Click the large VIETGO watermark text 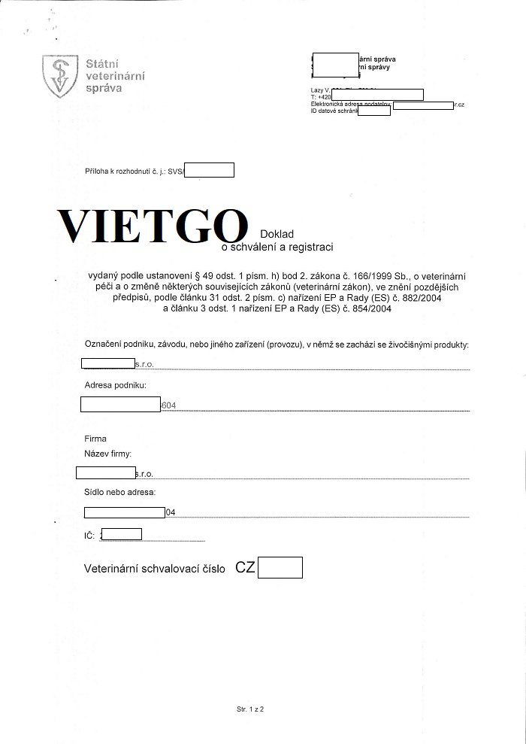pos(153,225)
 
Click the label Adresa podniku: pos(115,386)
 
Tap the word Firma pos(95,439)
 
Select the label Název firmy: pos(108,454)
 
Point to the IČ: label pos(89,535)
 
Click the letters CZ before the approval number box pos(245,568)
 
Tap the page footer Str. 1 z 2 pos(251,709)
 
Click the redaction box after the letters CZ pos(280,568)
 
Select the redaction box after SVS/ pos(209,171)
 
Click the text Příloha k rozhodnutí pos(122,172)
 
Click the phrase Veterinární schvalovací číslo pos(155,570)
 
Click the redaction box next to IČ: pos(121,535)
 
